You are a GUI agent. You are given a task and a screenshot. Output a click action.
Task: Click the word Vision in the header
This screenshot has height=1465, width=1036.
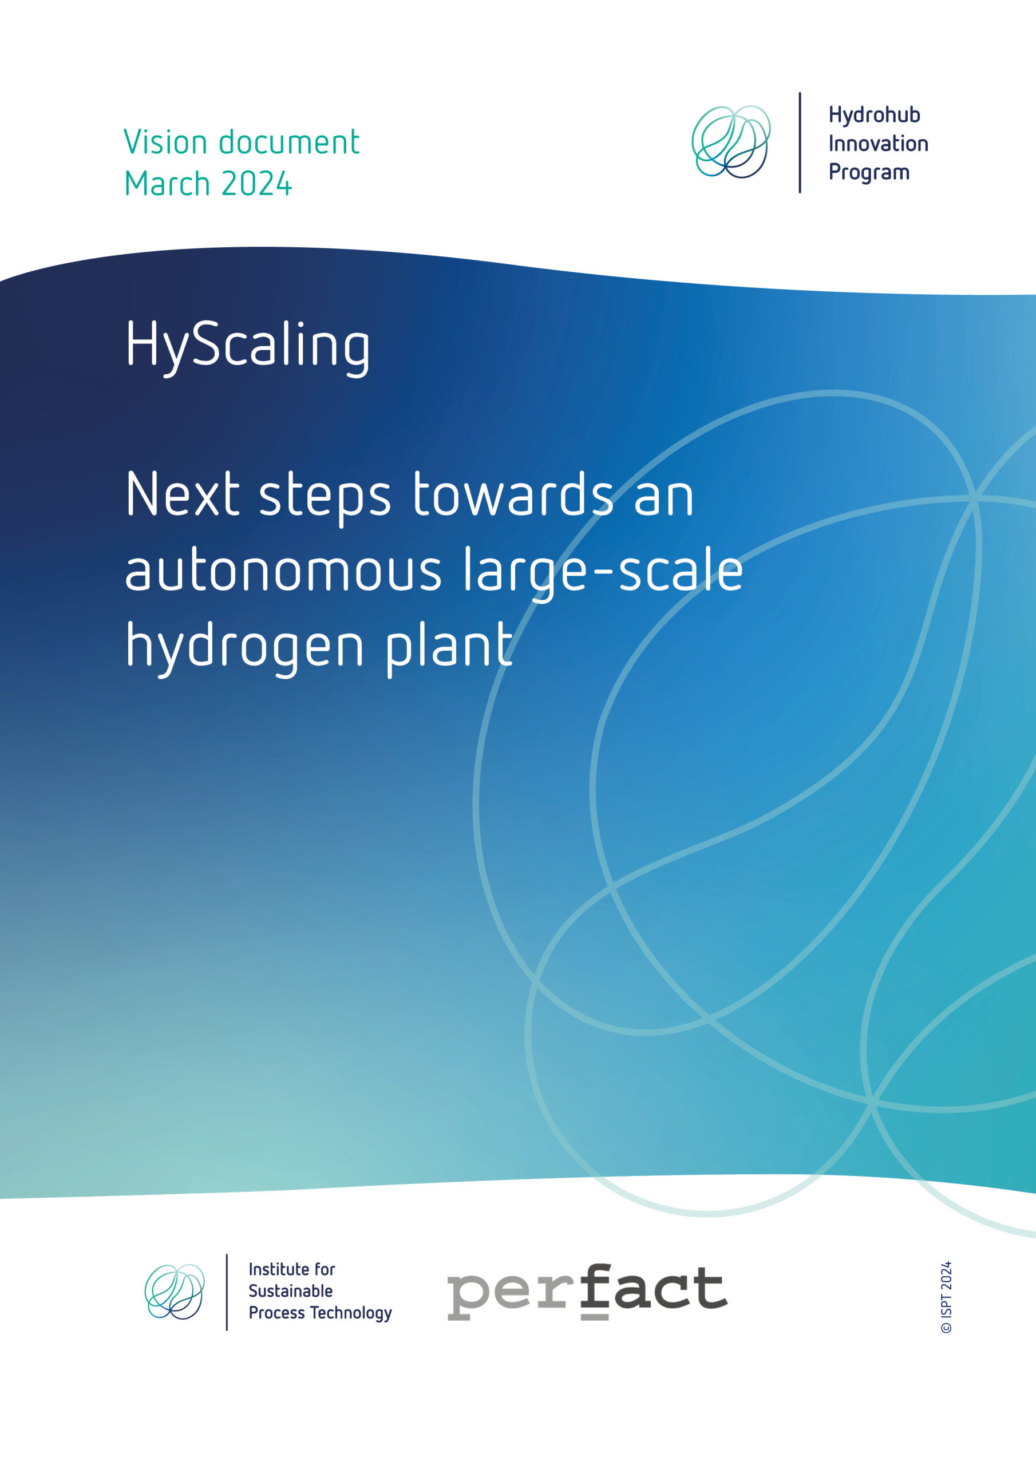pos(166,142)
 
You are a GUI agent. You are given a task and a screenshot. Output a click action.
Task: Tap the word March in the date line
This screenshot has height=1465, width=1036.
pos(167,184)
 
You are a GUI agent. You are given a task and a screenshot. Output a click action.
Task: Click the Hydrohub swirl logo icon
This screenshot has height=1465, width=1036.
pos(731,142)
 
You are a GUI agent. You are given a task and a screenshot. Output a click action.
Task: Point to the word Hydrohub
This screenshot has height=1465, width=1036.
pos(874,116)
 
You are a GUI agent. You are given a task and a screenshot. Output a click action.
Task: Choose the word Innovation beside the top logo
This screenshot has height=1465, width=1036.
pos(877,144)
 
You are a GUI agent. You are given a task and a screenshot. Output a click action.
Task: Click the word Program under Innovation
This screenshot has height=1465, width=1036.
pos(869,173)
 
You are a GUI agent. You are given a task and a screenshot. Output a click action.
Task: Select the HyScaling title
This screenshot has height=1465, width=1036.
pos(248,346)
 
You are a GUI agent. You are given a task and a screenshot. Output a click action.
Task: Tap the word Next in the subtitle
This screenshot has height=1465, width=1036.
pos(183,494)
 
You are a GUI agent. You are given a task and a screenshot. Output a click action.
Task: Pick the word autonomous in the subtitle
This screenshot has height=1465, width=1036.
pos(283,569)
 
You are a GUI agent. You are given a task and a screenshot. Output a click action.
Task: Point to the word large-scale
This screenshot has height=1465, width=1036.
pos(603,569)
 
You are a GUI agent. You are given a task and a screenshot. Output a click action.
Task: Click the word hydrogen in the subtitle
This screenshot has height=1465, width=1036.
pos(244,646)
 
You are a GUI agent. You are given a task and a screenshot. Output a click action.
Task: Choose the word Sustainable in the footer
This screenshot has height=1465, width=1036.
pos(290,1292)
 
